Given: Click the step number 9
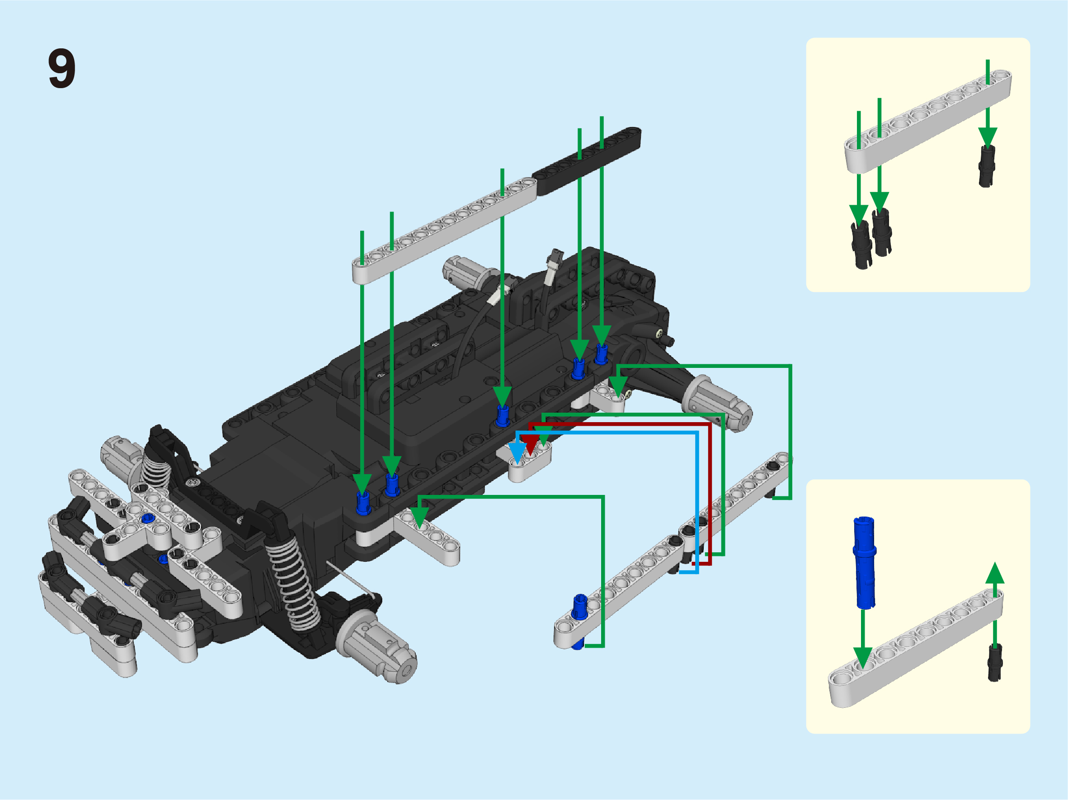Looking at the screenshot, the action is click(62, 68).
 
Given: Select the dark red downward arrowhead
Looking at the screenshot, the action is click(531, 445).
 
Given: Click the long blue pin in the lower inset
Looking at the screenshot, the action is click(864, 562).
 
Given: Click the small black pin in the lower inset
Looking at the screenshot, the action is click(995, 663).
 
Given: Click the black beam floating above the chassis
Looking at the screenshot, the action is click(587, 161).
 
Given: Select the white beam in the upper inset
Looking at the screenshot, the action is click(927, 121).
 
